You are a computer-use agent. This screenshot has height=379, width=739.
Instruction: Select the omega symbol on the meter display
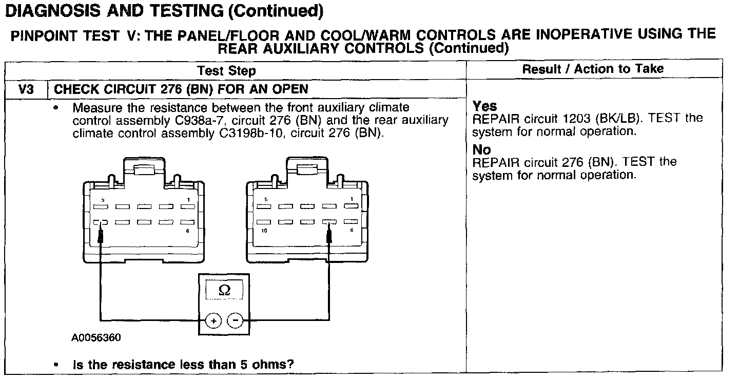pos(224,290)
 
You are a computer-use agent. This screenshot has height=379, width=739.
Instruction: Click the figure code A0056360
pos(96,338)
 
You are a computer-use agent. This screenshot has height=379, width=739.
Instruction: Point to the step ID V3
pos(26,89)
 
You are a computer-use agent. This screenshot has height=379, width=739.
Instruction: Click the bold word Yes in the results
pos(484,106)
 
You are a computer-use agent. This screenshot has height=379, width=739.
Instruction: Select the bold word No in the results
pos(481,150)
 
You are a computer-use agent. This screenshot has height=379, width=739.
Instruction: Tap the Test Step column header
pos(226,70)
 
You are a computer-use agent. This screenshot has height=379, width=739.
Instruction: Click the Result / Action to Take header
pos(593,69)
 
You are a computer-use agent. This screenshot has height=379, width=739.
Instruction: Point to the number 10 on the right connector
pos(264,231)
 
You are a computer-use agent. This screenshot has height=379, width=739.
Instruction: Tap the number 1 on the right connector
pos(352,199)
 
